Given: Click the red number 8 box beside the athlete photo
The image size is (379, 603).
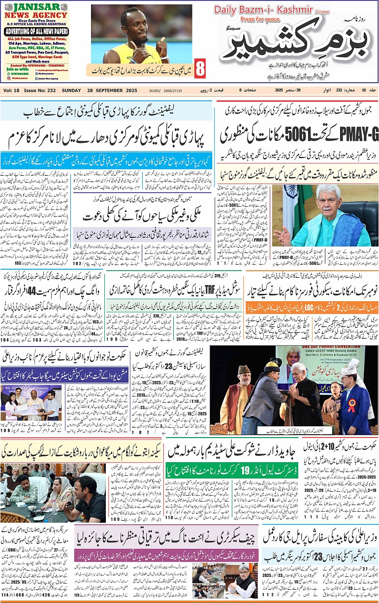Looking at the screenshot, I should click(x=200, y=68).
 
